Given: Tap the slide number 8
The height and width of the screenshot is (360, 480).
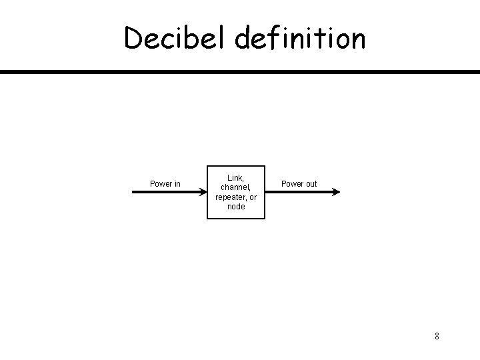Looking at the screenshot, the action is [x=437, y=335].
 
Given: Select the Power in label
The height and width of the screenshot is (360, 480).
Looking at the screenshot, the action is [x=165, y=183].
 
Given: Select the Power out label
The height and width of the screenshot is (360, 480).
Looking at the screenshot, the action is [x=299, y=183].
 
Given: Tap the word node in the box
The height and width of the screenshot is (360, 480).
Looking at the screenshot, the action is [x=236, y=207].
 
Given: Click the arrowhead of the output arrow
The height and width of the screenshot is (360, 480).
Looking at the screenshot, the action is [x=336, y=192].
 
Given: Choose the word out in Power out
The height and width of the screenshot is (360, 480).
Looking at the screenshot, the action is [x=310, y=183].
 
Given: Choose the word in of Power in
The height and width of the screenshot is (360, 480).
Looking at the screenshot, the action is [x=177, y=183].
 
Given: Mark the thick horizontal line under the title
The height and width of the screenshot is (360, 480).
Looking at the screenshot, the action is [x=240, y=71].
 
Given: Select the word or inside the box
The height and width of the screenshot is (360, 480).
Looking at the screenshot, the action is [x=253, y=197].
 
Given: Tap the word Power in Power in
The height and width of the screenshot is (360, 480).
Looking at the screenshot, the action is [x=161, y=183].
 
